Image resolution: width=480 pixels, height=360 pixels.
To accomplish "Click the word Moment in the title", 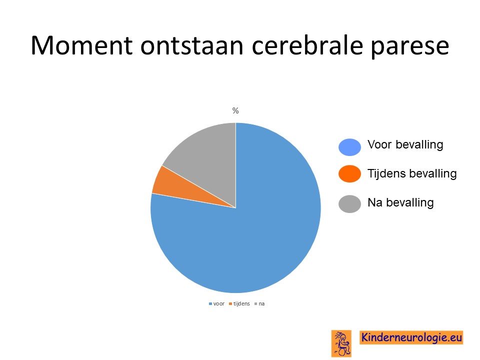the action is [81, 45].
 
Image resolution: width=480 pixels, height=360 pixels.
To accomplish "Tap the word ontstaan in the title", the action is [192, 46].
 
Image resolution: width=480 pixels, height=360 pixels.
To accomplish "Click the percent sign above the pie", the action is [235, 110].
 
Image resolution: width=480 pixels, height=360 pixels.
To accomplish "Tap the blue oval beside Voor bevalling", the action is [349, 147].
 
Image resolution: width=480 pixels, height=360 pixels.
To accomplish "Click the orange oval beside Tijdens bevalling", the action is [349, 174].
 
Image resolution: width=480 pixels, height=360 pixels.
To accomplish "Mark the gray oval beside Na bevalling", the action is [349, 204].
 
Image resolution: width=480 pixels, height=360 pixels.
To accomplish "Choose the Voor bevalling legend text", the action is [405, 145].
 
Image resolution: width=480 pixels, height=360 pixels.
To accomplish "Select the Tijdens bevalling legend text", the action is [412, 173].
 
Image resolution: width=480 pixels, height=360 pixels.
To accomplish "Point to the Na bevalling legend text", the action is [400, 202].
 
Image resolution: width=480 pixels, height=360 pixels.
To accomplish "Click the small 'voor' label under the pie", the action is [219, 303].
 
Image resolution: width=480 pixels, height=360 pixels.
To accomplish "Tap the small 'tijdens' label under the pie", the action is [241, 303].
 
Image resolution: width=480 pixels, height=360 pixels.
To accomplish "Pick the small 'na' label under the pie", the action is [261, 304].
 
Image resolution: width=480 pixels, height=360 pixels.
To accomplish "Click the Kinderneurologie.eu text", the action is [411, 337].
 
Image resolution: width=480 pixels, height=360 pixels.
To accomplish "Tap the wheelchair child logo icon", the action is [341, 343].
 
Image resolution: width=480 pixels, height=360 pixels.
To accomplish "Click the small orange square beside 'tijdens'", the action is [230, 304].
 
